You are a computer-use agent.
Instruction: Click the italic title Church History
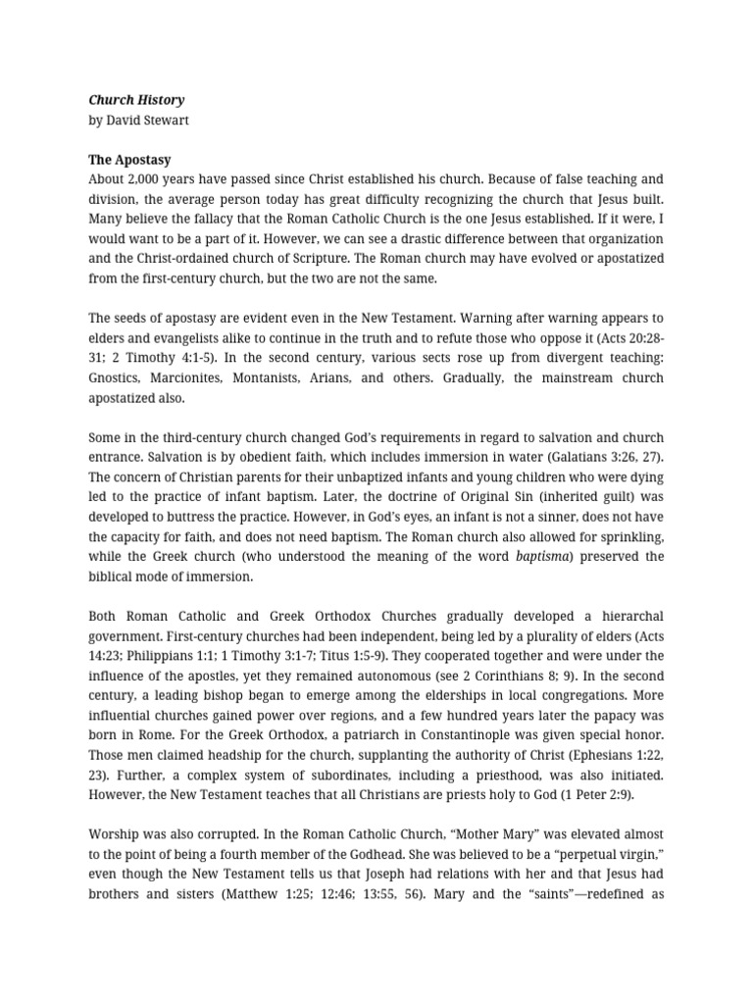coord(136,100)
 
